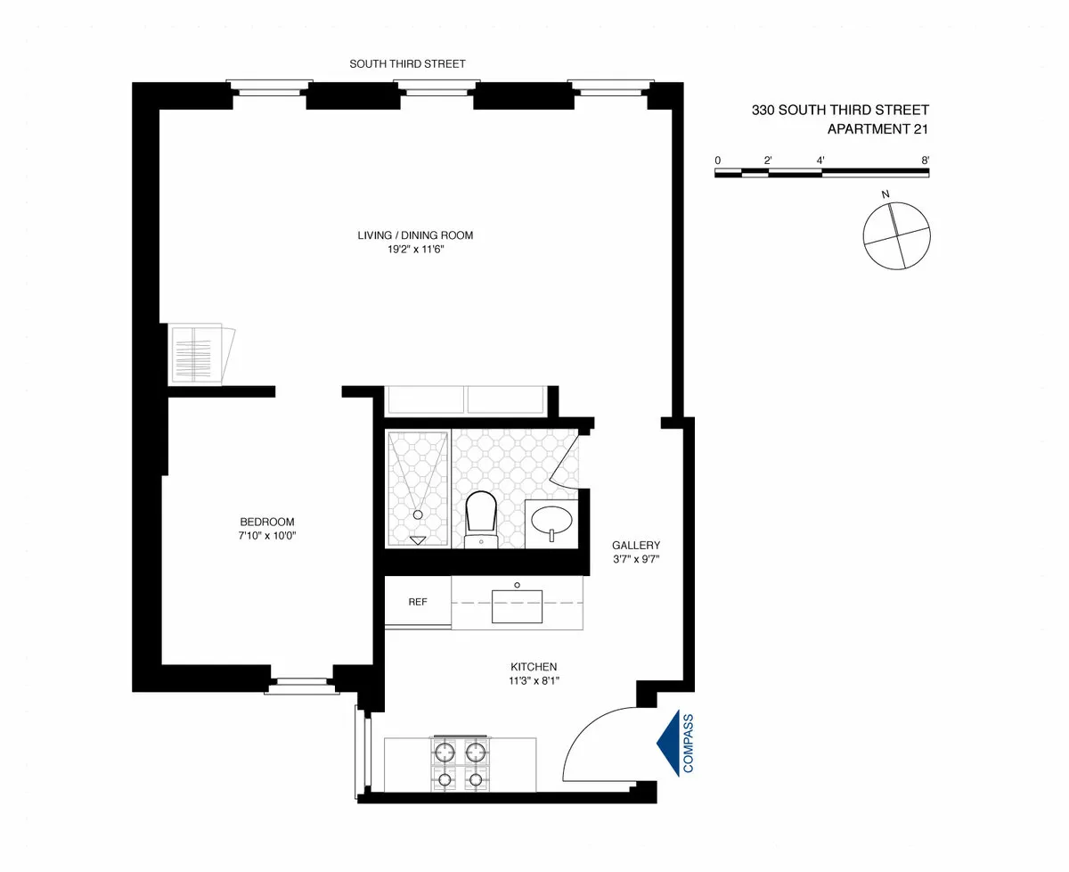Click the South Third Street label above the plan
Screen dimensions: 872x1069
tap(407, 64)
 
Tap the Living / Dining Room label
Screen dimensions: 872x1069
tap(415, 235)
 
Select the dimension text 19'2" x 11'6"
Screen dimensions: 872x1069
tap(415, 251)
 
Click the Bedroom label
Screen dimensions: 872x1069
tap(266, 522)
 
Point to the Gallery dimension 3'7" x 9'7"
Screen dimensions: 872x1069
tap(635, 560)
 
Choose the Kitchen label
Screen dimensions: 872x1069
tap(534, 666)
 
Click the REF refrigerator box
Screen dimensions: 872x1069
tap(418, 602)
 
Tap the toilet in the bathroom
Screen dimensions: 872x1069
tap(481, 517)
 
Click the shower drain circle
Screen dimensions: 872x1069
tap(417, 514)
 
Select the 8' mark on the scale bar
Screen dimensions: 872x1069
tap(926, 160)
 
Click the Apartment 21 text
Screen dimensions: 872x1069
tap(877, 128)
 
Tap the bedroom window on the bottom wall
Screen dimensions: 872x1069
tap(301, 685)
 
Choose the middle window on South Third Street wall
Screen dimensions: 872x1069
tap(437, 87)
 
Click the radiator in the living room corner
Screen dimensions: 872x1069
tap(200, 356)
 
